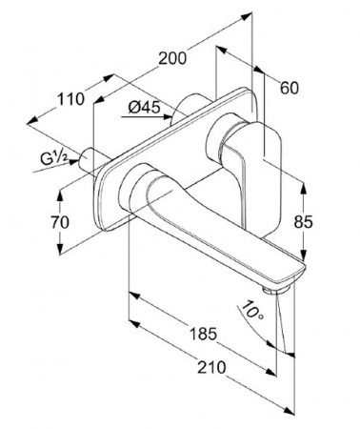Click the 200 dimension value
pyautogui.click(x=172, y=58)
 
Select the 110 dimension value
pyautogui.click(x=70, y=99)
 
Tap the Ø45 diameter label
pyautogui.click(x=144, y=108)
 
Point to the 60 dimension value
pyautogui.click(x=290, y=88)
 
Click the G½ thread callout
pyautogui.click(x=54, y=158)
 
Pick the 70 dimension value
pyautogui.click(x=60, y=222)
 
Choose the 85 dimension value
pyautogui.click(x=303, y=222)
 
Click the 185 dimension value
pyautogui.click(x=203, y=334)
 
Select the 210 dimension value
pyautogui.click(x=211, y=367)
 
